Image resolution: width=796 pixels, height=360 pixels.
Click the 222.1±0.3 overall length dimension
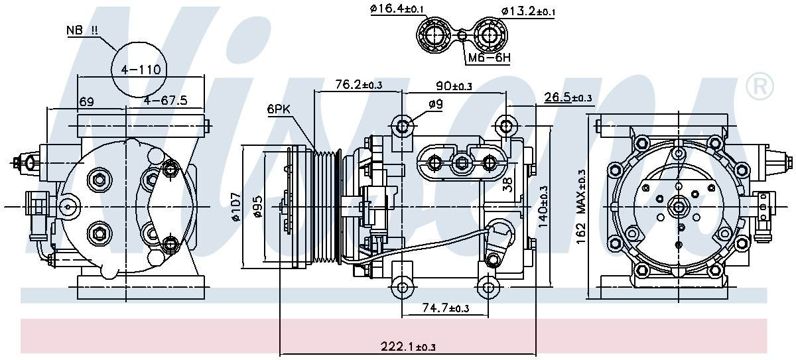(408, 346)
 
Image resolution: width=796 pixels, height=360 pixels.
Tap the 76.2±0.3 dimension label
(358, 84)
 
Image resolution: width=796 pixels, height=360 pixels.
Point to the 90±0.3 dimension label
(454, 86)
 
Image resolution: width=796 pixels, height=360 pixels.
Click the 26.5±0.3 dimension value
(568, 98)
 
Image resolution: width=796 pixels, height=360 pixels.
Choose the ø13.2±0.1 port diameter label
(528, 11)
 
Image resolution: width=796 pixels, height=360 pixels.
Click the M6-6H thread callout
(489, 58)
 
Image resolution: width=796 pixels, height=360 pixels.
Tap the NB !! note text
(82, 30)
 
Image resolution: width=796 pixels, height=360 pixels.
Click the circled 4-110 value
(139, 69)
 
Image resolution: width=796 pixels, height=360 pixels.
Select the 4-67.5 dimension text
(165, 101)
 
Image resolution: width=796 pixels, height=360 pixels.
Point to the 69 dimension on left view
(86, 101)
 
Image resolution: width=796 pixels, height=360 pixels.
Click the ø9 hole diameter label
(435, 103)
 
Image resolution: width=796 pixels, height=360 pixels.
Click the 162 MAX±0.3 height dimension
(582, 208)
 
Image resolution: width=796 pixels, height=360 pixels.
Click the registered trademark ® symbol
(760, 86)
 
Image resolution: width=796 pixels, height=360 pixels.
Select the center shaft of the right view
(679, 207)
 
